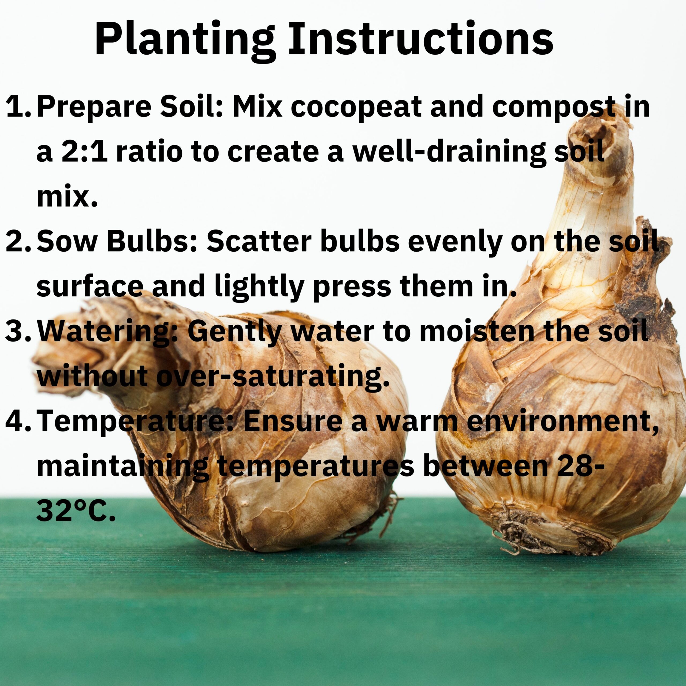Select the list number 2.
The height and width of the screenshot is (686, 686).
(19, 241)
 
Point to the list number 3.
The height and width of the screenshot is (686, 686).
(19, 331)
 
